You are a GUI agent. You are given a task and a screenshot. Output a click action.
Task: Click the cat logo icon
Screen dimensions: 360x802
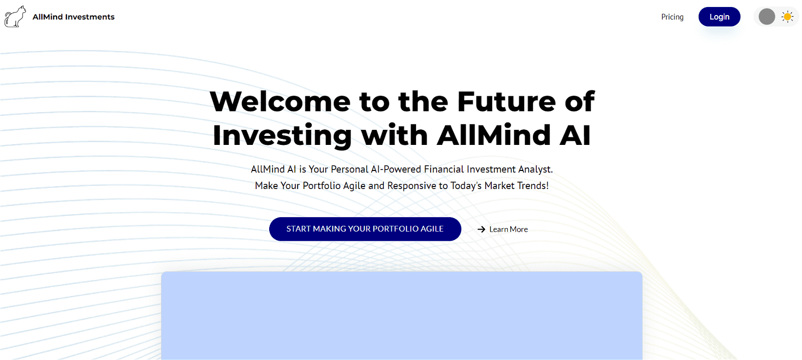pyautogui.click(x=15, y=17)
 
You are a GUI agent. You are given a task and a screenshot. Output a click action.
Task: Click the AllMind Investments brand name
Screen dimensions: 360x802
pyautogui.click(x=73, y=17)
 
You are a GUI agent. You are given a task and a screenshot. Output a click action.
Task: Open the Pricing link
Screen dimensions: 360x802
pyautogui.click(x=672, y=17)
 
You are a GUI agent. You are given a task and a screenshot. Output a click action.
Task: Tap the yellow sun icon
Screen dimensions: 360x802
pyautogui.click(x=787, y=17)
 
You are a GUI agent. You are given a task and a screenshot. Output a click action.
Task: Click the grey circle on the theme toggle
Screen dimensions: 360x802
pyautogui.click(x=767, y=17)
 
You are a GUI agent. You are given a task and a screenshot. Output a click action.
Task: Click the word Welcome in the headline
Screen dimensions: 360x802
pyautogui.click(x=280, y=102)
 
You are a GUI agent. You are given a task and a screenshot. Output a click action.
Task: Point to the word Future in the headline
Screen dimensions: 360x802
pyautogui.click(x=506, y=102)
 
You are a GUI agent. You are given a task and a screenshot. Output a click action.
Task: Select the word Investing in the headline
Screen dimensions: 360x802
pyautogui.click(x=282, y=136)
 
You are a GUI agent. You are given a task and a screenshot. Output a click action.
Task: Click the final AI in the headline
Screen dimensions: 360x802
pyautogui.click(x=575, y=135)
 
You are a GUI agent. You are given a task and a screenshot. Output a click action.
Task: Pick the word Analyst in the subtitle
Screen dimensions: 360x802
pyautogui.click(x=535, y=169)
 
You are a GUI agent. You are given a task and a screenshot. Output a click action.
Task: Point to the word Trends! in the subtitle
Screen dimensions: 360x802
pyautogui.click(x=533, y=186)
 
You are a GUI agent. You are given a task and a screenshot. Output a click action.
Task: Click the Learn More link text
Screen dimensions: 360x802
pyautogui.click(x=508, y=230)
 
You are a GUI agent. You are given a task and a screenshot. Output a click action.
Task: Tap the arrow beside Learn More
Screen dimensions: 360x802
pyautogui.click(x=481, y=230)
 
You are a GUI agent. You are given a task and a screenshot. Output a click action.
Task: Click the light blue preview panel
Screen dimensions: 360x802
pyautogui.click(x=402, y=316)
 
